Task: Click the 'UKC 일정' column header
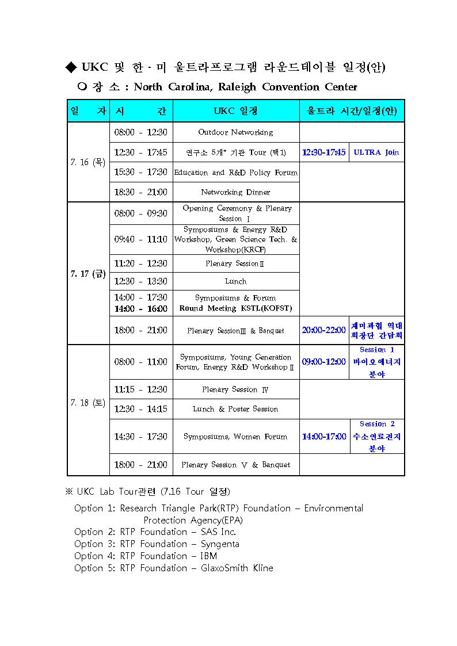tap(235, 110)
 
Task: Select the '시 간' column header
tap(140, 110)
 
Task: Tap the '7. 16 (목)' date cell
tap(88, 162)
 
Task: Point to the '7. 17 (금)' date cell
tap(88, 274)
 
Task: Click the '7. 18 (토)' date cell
tap(88, 403)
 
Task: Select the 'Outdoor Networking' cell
tap(235, 132)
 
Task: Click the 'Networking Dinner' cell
tap(235, 192)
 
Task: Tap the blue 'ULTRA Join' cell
tap(376, 152)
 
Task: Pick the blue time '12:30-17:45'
tap(323, 152)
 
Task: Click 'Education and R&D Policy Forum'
tap(235, 173)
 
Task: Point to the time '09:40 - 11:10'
tap(140, 239)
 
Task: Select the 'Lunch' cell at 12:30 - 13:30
tap(235, 281)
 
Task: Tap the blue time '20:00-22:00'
tap(323, 330)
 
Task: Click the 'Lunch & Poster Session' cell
tap(235, 409)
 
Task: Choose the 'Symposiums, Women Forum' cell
tap(235, 437)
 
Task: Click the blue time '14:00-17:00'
tap(324, 437)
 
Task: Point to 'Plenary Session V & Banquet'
tap(235, 465)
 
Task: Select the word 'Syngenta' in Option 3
tap(220, 544)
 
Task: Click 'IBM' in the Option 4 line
tap(209, 556)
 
